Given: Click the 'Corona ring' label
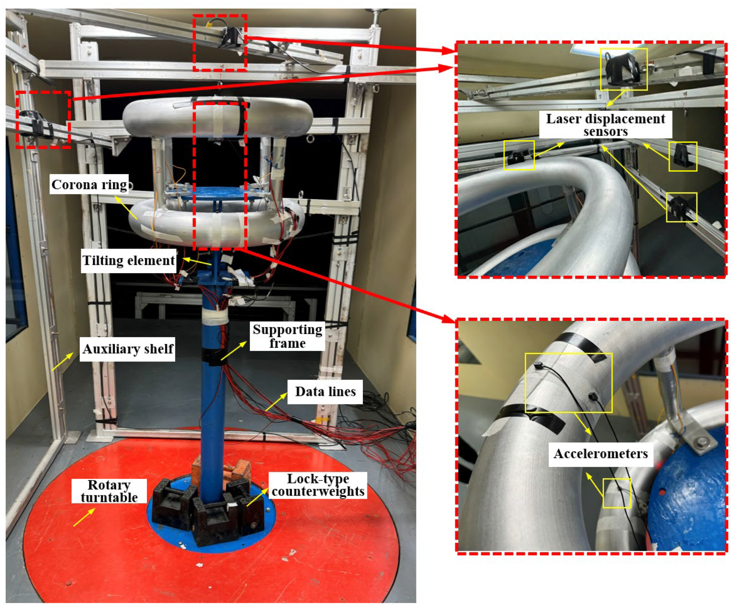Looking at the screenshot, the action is (89, 184).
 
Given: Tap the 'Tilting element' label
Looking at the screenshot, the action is (128, 260).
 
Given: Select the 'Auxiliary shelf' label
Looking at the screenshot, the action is (128, 349).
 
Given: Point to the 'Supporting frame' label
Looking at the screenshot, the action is (287, 336).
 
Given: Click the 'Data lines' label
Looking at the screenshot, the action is (325, 391).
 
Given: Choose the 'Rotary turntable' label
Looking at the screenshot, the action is (109, 491).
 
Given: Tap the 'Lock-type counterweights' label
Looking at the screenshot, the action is (318, 485).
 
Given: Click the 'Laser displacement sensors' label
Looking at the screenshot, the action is (605, 125).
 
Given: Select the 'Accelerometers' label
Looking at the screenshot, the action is (600, 454).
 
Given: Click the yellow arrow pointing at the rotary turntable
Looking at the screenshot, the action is (84, 517).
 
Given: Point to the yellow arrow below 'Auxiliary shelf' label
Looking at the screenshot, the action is (62, 362).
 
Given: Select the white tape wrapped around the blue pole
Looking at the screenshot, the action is (215, 317).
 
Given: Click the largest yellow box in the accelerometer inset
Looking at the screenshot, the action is (569, 383).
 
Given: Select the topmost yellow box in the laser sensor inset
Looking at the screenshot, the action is (624, 69).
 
